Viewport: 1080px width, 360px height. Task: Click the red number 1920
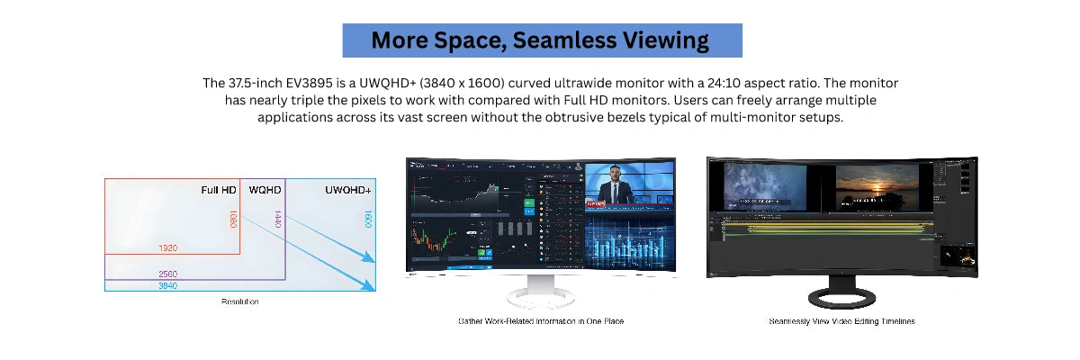(x=168, y=247)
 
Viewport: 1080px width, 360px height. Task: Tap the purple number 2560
(x=168, y=274)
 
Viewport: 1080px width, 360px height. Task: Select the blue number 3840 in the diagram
(x=168, y=285)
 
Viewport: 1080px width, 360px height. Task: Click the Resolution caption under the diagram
(x=239, y=301)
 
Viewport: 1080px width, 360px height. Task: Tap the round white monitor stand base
(x=540, y=294)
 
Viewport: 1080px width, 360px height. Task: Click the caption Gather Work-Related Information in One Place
(x=540, y=321)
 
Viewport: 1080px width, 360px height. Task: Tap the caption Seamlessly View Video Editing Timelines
(x=841, y=321)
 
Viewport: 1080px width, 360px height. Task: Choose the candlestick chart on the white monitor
(x=434, y=238)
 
